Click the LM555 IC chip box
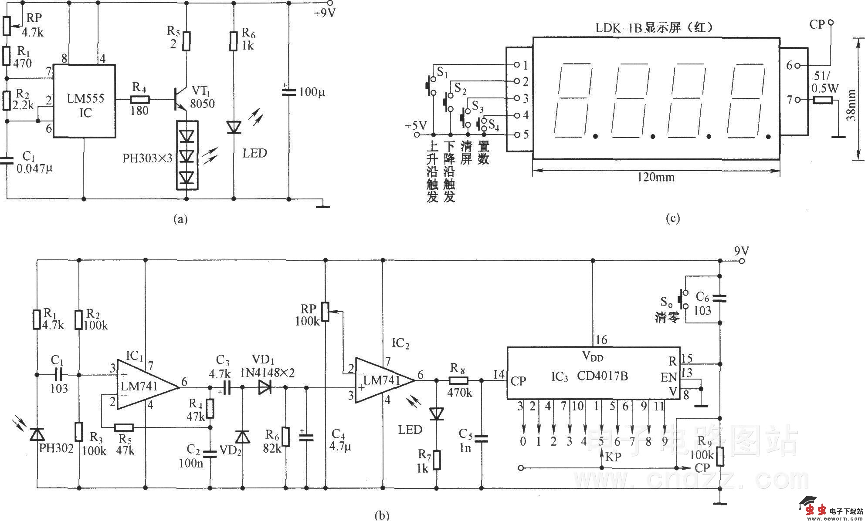point(84,101)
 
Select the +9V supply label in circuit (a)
point(324,13)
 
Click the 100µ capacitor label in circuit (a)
point(312,92)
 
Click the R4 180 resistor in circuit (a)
point(139,100)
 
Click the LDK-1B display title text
point(654,27)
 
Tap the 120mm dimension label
point(656,177)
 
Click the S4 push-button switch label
point(493,125)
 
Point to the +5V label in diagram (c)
point(415,126)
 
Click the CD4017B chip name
point(603,376)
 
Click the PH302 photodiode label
point(56,448)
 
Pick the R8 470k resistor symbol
point(459,380)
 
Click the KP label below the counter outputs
point(613,457)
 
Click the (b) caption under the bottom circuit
point(382,515)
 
